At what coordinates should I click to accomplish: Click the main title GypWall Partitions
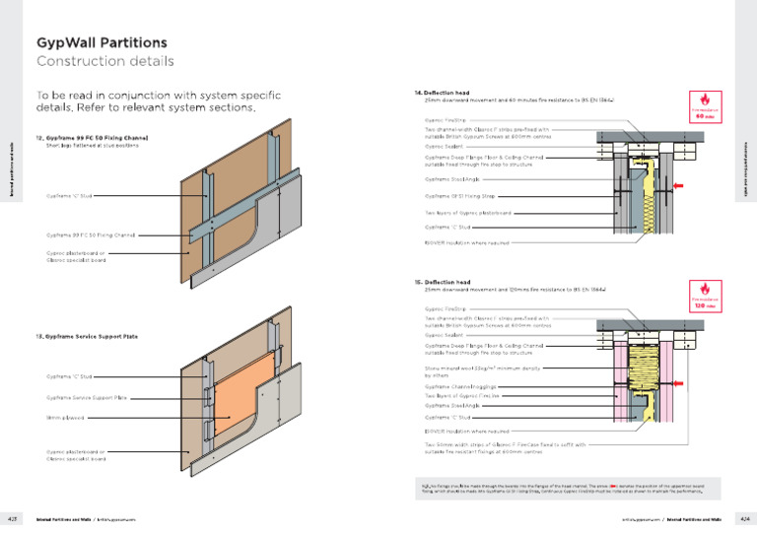pos(102,43)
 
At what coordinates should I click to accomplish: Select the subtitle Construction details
pos(105,61)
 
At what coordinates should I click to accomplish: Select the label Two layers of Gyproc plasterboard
pos(468,213)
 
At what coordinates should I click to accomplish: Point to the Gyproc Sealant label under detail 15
pos(444,335)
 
